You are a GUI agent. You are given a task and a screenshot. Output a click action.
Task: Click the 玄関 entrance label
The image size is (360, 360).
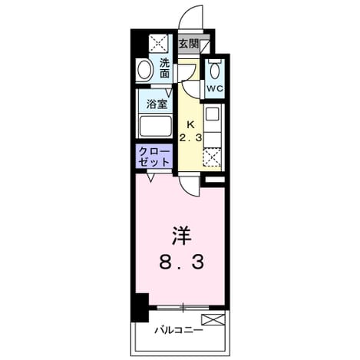pos(189,44)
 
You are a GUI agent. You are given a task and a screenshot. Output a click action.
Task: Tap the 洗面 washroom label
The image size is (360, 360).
pos(164,68)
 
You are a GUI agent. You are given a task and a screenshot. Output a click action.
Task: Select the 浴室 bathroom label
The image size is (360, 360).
pos(157,104)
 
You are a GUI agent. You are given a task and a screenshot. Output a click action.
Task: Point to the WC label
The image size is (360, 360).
pos(215,88)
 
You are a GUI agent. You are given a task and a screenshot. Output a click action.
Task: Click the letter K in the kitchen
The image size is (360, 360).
pos(190,125)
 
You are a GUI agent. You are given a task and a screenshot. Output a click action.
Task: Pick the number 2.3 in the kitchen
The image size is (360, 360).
pos(190,138)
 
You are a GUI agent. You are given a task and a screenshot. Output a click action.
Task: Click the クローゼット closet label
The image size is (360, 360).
pos(154,157)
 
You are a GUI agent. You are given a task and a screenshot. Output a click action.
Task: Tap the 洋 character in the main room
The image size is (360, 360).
pos(182,236)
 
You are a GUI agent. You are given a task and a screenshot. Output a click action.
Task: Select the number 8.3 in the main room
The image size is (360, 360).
pos(182,262)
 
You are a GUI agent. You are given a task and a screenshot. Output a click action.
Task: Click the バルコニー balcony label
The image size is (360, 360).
pos(179,330)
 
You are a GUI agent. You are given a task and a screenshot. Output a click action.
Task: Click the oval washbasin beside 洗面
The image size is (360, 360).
pos(144,69)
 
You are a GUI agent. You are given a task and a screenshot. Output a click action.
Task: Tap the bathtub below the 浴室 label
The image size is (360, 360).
pos(155,127)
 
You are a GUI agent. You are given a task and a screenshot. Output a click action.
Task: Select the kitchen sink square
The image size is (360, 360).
pos(213,114)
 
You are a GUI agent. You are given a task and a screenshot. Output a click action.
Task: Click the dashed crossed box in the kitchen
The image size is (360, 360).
pos(212,157)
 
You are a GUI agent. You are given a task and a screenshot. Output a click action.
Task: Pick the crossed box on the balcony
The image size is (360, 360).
pos(213,320)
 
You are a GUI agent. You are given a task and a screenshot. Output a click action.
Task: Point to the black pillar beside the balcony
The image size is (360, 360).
pos(140,307)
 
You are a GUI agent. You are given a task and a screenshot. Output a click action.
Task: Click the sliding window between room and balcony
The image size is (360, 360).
pos(183,307)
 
